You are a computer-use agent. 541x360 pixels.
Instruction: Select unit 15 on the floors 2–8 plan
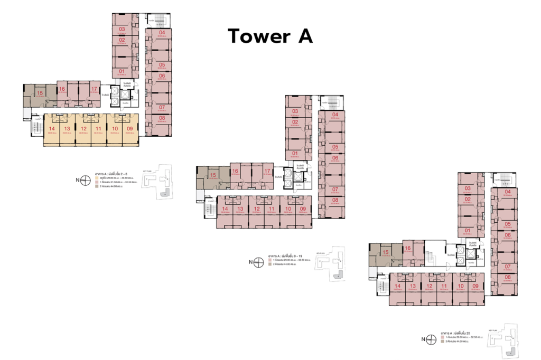pos(39,93)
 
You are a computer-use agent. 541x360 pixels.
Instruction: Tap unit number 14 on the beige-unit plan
pos(52,128)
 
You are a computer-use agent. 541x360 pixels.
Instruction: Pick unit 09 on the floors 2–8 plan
pos(129,128)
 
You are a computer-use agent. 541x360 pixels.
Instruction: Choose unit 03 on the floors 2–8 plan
pos(122,29)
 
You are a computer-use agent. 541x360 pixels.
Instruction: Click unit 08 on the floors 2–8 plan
pos(162,118)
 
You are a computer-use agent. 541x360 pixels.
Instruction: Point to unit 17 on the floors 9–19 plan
pos(267,171)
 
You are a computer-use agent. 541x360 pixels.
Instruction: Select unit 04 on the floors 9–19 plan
pos(335,115)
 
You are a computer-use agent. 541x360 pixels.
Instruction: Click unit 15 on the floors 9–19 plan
pos(213,175)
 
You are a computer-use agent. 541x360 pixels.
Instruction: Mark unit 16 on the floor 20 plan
pos(407,249)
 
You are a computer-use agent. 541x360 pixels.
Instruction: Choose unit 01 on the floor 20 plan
pos(468,231)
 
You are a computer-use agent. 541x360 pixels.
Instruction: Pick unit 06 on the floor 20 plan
pos(507,235)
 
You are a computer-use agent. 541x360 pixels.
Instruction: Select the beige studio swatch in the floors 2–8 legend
pos(96,178)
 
